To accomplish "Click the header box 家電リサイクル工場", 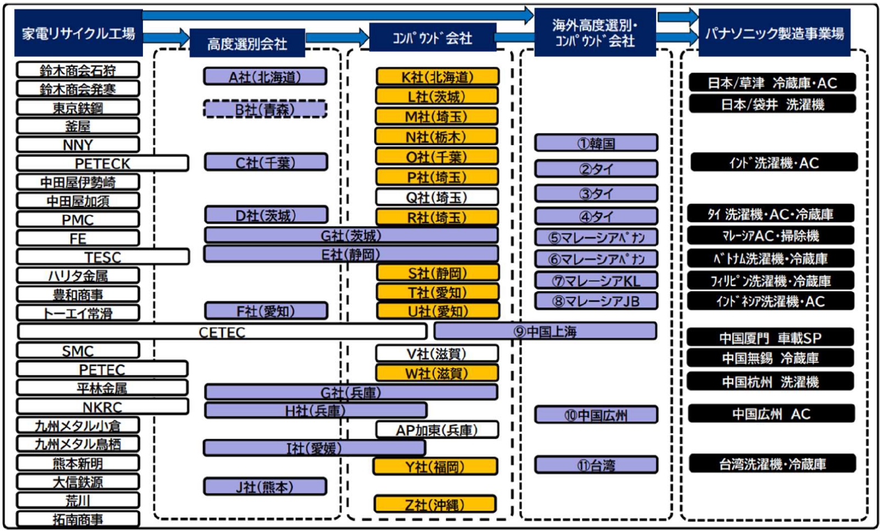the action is (79, 33).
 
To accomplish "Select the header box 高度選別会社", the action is (248, 43).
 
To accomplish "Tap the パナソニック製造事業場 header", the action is (775, 32).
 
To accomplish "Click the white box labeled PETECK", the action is (102, 163).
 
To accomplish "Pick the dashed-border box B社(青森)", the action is (265, 110).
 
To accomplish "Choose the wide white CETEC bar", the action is (222, 332).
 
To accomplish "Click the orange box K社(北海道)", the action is (438, 76).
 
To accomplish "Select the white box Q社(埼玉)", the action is (437, 197).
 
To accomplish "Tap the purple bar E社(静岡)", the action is (351, 254).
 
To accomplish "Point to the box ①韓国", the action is (596, 143).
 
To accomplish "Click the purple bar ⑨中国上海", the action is (545, 331).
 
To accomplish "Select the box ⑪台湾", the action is (596, 465).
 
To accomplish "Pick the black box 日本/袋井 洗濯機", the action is (772, 104).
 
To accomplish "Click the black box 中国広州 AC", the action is (772, 413).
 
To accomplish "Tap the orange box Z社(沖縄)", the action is (435, 504).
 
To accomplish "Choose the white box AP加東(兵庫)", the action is (437, 430).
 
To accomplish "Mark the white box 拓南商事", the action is (78, 519).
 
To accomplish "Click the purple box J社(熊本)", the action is (265, 486).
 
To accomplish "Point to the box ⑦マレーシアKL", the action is (596, 280).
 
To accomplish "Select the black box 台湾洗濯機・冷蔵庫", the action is (772, 464).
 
